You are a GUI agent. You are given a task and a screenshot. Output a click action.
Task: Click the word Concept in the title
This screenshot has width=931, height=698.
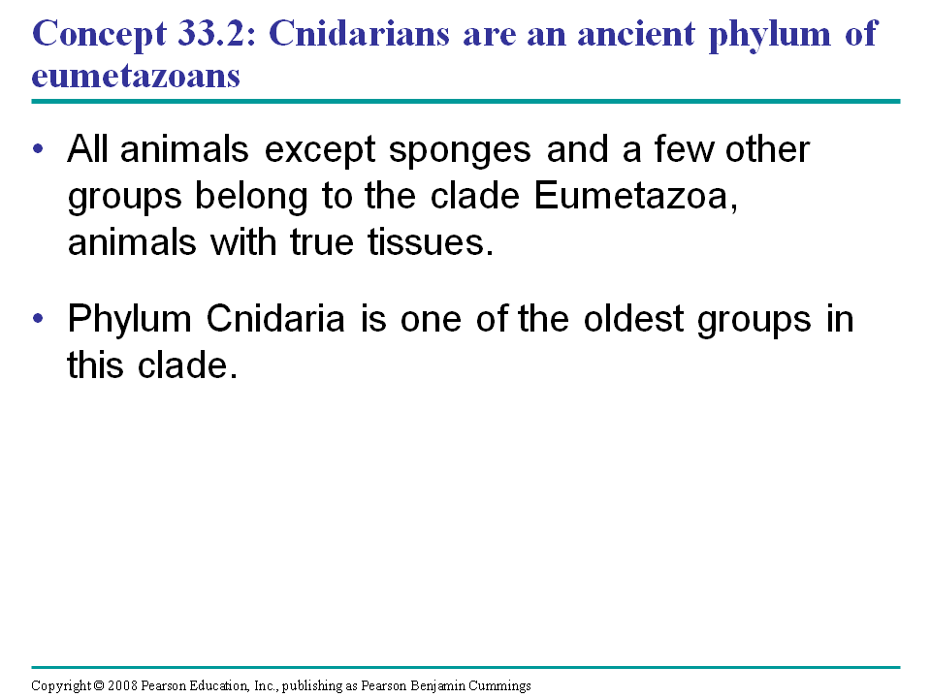pyautogui.click(x=99, y=35)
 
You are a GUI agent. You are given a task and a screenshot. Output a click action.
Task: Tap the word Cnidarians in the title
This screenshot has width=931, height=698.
pyautogui.click(x=359, y=33)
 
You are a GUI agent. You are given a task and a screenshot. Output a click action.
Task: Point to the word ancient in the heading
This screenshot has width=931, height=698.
pyautogui.click(x=636, y=33)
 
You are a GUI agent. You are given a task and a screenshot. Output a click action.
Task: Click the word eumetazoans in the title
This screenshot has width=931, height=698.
pyautogui.click(x=136, y=77)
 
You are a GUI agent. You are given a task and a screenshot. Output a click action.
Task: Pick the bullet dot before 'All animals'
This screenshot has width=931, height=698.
pyautogui.click(x=39, y=148)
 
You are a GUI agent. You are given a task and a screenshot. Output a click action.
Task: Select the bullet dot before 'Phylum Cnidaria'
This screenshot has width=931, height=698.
pyautogui.click(x=39, y=319)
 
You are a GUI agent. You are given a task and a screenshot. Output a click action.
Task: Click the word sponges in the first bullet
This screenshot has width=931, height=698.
pyautogui.click(x=460, y=151)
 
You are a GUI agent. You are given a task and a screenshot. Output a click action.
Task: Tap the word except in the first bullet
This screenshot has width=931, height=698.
pyautogui.click(x=320, y=151)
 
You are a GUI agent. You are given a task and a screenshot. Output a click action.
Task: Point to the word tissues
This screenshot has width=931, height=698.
pyautogui.click(x=431, y=242)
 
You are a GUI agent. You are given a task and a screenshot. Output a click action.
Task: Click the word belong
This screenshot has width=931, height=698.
pyautogui.click(x=252, y=197)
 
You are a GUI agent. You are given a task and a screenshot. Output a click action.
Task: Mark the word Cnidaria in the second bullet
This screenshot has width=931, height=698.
pyautogui.click(x=275, y=318)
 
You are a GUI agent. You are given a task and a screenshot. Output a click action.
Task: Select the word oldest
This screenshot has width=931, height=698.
pyautogui.click(x=633, y=318)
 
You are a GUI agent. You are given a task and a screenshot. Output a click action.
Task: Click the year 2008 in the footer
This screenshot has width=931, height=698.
pyautogui.click(x=122, y=685)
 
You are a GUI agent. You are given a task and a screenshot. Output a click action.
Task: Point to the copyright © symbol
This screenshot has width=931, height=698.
pyautogui.click(x=99, y=685)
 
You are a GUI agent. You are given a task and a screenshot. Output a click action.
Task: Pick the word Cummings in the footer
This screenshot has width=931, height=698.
pyautogui.click(x=499, y=686)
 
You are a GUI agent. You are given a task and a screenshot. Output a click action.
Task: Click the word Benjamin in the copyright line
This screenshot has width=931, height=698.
pyautogui.click(x=437, y=686)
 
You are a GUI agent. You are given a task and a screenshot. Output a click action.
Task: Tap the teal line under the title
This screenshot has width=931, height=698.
pyautogui.click(x=465, y=102)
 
